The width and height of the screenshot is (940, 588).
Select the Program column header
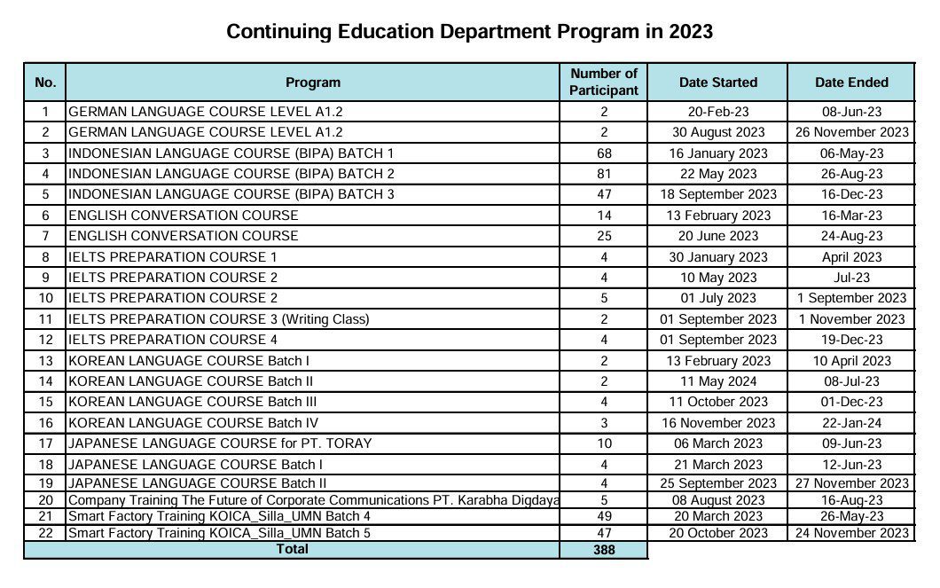(312, 82)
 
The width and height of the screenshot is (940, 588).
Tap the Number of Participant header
(603, 82)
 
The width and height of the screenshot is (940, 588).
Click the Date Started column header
(717, 82)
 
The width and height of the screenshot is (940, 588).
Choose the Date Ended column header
(851, 82)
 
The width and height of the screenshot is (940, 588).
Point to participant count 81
(604, 174)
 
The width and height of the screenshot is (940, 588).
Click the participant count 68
(604, 153)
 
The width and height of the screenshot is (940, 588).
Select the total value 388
(604, 550)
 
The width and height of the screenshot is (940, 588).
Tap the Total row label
(293, 549)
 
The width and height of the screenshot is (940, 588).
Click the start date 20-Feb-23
(717, 112)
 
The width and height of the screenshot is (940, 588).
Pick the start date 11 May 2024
(717, 381)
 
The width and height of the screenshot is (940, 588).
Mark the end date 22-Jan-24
(851, 423)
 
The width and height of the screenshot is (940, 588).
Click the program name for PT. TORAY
(220, 443)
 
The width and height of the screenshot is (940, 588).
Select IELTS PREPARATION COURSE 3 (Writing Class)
(218, 319)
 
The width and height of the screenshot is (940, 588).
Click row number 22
(45, 533)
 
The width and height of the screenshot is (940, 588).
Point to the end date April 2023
(851, 257)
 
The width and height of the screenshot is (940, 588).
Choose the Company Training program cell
(313, 500)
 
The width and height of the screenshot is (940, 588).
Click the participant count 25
(604, 236)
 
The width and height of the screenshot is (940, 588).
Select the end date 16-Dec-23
(851, 194)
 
